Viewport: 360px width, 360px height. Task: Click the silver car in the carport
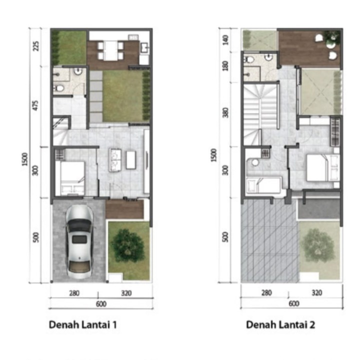click(x=79, y=241)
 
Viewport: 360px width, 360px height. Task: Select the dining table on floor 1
click(x=110, y=50)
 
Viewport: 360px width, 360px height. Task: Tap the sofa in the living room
click(x=115, y=160)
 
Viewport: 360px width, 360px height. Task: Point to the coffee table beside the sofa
click(x=131, y=159)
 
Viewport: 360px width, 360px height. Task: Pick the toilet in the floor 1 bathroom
click(x=59, y=88)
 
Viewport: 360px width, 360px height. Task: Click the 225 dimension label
click(x=36, y=46)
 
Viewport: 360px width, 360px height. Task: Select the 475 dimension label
click(x=35, y=105)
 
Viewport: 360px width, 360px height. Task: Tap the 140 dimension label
click(x=225, y=40)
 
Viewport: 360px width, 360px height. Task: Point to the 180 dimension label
click(x=225, y=66)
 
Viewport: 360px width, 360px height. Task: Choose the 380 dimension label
click(x=226, y=112)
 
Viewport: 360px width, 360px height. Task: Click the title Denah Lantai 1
click(x=83, y=325)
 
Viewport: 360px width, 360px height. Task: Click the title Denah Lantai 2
click(x=280, y=325)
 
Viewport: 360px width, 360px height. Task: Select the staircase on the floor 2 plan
click(x=261, y=114)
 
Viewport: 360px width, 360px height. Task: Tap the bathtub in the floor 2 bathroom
click(x=263, y=185)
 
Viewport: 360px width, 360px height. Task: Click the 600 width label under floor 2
click(x=294, y=303)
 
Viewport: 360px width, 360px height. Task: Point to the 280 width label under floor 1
click(x=74, y=293)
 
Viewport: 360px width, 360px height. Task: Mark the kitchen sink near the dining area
click(x=144, y=48)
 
